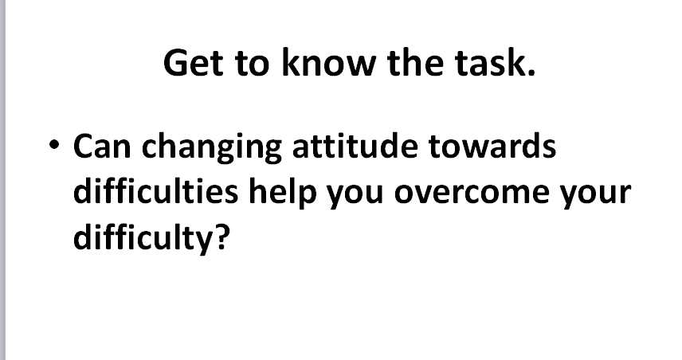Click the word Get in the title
point(194,63)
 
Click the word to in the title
point(252,64)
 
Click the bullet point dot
point(54,144)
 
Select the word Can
point(102,146)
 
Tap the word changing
point(211,148)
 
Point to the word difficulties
point(155,190)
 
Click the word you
point(355,195)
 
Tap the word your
point(595,195)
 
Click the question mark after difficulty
point(221,237)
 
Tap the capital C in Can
point(84,146)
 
